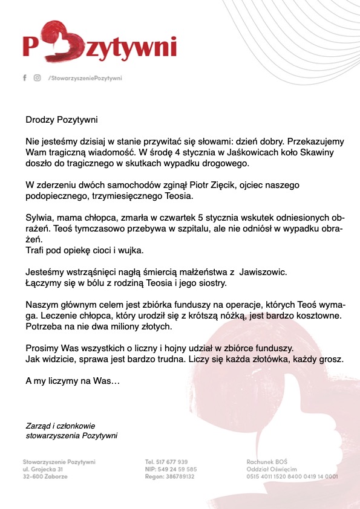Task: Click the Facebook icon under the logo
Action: tap(24, 78)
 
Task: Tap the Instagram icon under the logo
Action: tap(38, 78)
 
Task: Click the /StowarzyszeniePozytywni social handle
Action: tap(85, 78)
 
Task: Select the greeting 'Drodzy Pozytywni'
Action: tap(61, 120)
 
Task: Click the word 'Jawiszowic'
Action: tap(254, 271)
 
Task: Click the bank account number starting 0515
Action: tap(292, 476)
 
